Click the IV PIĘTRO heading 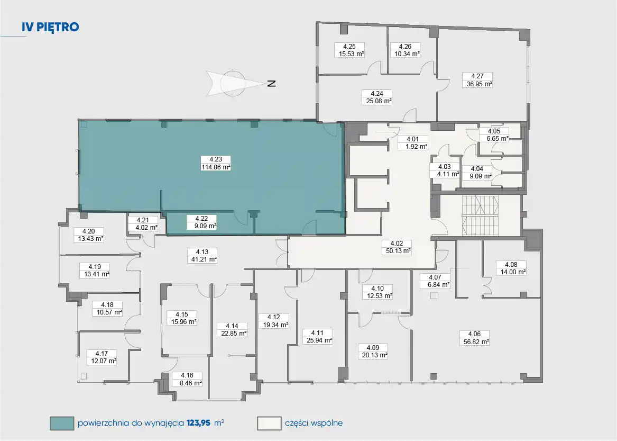(x=50, y=27)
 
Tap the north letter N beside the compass (x=272, y=84)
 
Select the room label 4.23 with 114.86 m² (x=216, y=163)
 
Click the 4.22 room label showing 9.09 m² (x=201, y=222)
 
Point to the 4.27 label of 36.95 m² (x=477, y=80)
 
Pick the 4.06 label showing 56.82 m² (x=475, y=338)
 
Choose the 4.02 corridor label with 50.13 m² (x=397, y=247)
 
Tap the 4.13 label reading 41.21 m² (x=202, y=255)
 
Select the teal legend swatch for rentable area (x=62, y=424)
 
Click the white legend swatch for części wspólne (x=269, y=424)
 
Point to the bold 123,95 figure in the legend (x=199, y=424)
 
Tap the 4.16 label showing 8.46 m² (x=187, y=379)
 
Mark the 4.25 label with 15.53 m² (x=349, y=50)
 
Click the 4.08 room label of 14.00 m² (x=511, y=268)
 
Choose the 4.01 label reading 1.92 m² (x=412, y=142)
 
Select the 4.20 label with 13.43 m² (x=88, y=235)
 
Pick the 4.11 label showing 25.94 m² (x=317, y=337)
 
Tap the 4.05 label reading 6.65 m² (x=494, y=135)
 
